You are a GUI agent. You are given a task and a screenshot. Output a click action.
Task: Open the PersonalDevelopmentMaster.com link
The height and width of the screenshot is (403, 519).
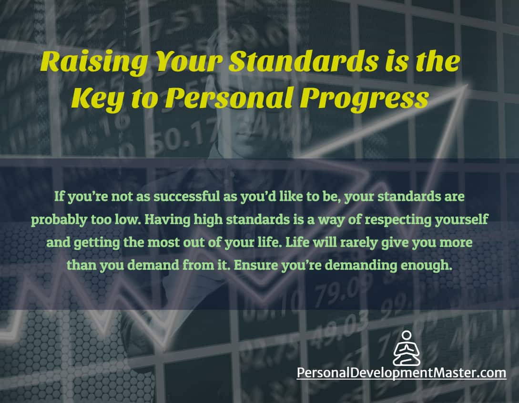click(401, 372)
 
